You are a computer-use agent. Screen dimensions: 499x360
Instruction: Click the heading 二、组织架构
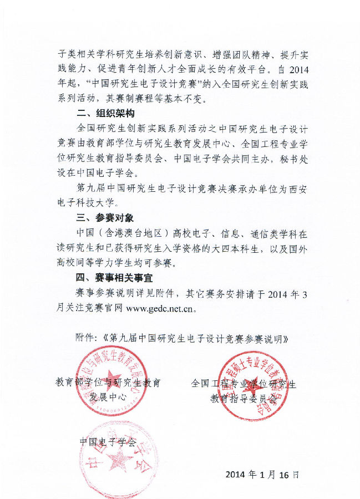pos(105,114)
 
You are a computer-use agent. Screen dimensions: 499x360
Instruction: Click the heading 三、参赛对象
pos(105,218)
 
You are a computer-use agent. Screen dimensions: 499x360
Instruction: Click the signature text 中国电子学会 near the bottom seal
pos(108,442)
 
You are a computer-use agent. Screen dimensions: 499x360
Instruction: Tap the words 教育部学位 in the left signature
pos(77,383)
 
